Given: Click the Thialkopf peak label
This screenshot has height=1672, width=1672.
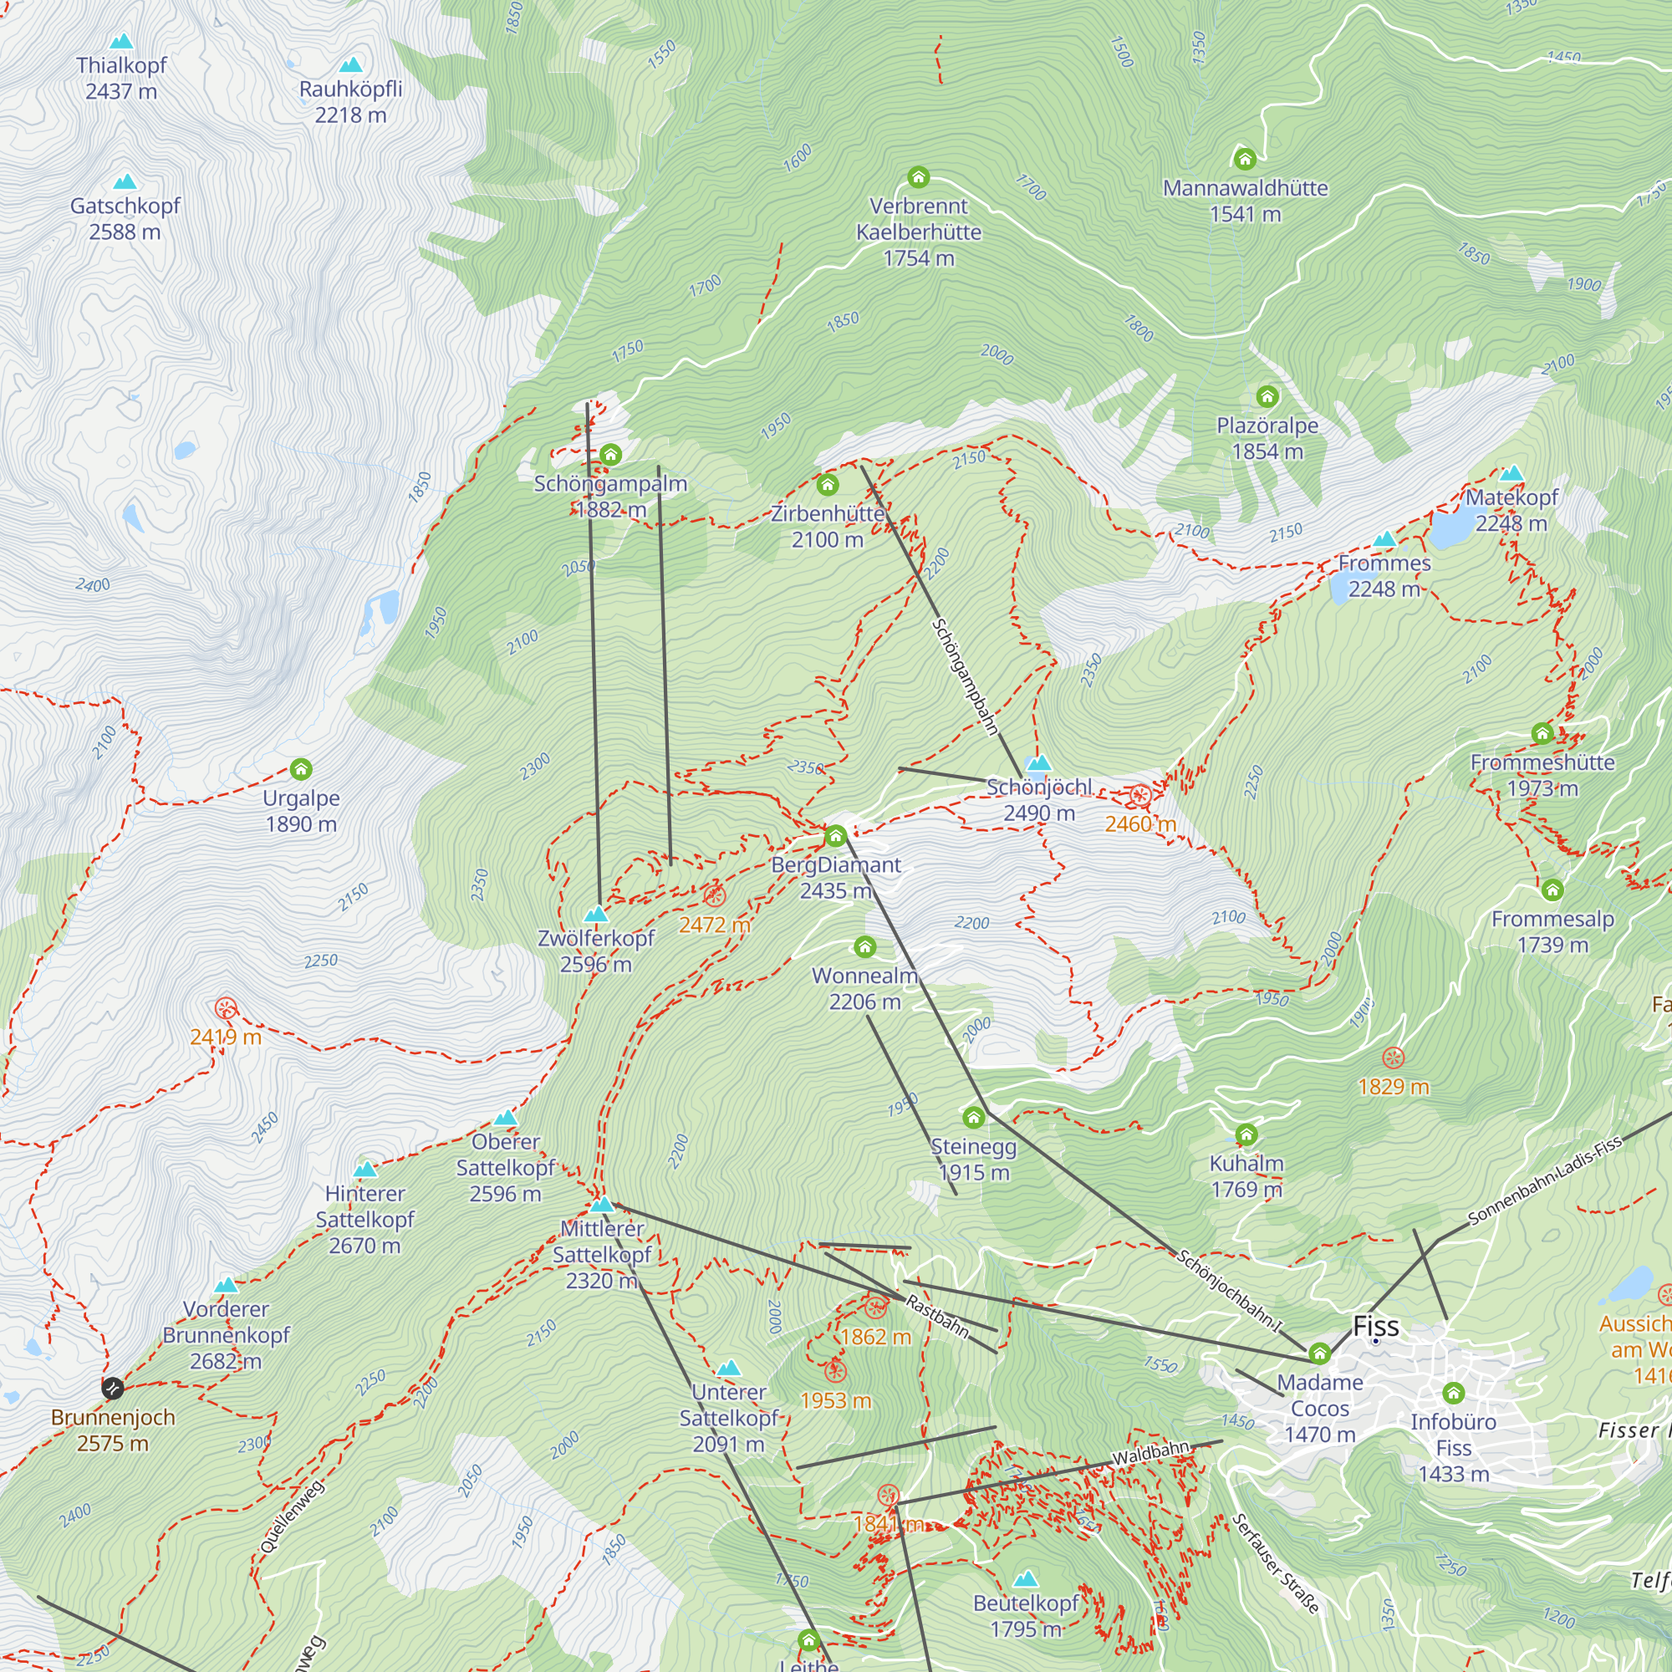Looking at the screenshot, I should pyautogui.click(x=121, y=78).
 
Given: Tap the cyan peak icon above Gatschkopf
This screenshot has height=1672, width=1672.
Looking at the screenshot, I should pyautogui.click(x=125, y=181).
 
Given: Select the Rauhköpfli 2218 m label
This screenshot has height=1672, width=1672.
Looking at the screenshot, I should pyautogui.click(x=350, y=102).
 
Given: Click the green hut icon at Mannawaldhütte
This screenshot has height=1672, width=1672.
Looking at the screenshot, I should pyautogui.click(x=1245, y=158).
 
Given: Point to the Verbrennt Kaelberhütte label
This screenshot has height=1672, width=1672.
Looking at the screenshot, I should pyautogui.click(x=918, y=231).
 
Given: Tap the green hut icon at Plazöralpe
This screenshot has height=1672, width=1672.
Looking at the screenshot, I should pyautogui.click(x=1267, y=396).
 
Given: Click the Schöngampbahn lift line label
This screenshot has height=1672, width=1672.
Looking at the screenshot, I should pyautogui.click(x=965, y=677).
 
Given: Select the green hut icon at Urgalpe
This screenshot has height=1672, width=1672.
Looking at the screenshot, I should pyautogui.click(x=300, y=768).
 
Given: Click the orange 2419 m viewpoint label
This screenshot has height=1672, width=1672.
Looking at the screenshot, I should pyautogui.click(x=226, y=1037).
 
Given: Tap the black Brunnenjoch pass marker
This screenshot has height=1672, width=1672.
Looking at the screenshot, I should pyautogui.click(x=113, y=1388).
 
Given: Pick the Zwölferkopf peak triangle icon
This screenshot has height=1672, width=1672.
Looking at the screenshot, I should pyautogui.click(x=595, y=914).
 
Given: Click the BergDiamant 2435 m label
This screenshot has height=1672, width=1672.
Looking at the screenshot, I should pyautogui.click(x=836, y=878).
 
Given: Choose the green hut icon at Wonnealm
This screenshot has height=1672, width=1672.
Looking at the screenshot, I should pyautogui.click(x=864, y=947).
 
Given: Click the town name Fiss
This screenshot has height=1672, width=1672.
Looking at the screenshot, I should pyautogui.click(x=1375, y=1327).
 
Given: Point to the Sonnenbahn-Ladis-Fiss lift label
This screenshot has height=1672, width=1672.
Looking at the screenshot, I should pyautogui.click(x=1545, y=1181).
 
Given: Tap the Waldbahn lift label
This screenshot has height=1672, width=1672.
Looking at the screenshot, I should pyautogui.click(x=1151, y=1454).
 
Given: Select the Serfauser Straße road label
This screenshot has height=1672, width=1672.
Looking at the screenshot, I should pyautogui.click(x=1276, y=1563).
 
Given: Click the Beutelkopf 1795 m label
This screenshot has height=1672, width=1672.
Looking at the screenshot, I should pyautogui.click(x=1026, y=1616).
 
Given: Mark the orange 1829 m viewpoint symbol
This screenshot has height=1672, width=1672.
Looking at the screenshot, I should pyautogui.click(x=1393, y=1058).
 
